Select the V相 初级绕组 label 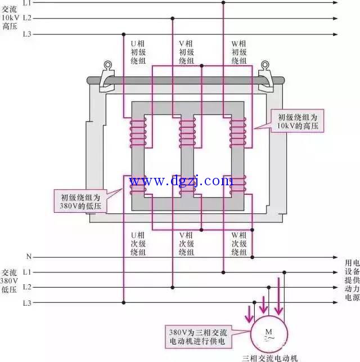click(x=187, y=52)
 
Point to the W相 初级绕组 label click(x=239, y=52)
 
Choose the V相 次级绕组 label click(x=187, y=244)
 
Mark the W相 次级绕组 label click(x=239, y=244)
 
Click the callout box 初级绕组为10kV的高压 click(x=298, y=122)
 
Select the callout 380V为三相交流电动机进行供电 click(x=197, y=336)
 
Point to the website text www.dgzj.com click(x=181, y=181)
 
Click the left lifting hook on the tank click(x=105, y=76)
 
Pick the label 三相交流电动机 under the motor click(x=269, y=357)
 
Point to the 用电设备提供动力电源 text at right click(x=352, y=279)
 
